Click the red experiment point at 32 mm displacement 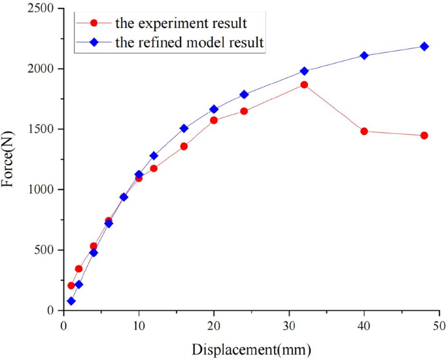pyautogui.click(x=304, y=85)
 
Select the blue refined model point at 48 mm pyautogui.click(x=424, y=46)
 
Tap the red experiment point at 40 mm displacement pyautogui.click(x=364, y=131)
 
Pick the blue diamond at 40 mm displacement pyautogui.click(x=364, y=56)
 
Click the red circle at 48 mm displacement pyautogui.click(x=424, y=135)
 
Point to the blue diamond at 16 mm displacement pyautogui.click(x=184, y=128)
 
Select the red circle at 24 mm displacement pyautogui.click(x=244, y=111)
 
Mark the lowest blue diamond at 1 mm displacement pyautogui.click(x=71, y=301)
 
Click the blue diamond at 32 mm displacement pyautogui.click(x=304, y=71)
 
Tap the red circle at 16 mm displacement pyautogui.click(x=184, y=146)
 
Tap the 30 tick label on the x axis pyautogui.click(x=289, y=325)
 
